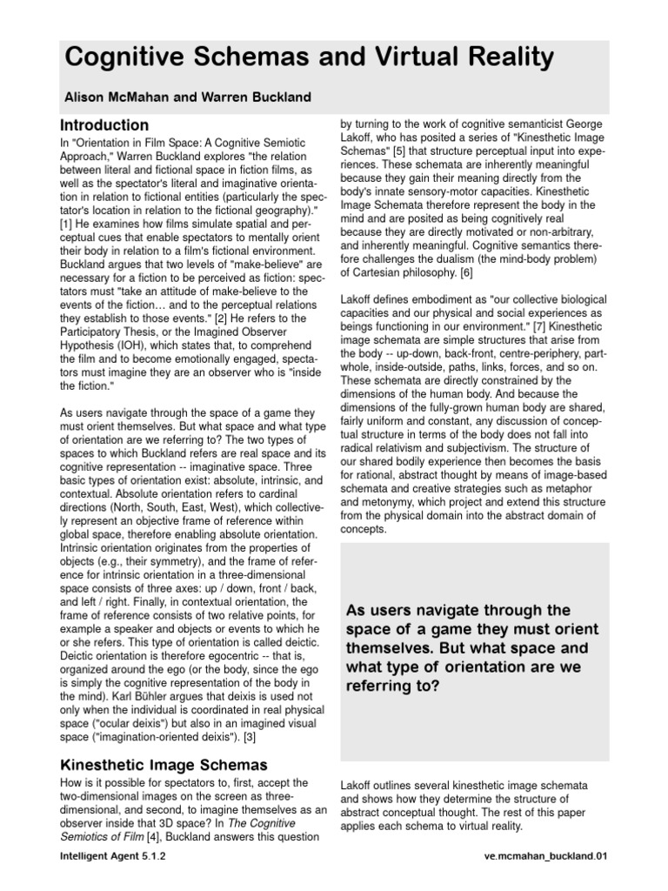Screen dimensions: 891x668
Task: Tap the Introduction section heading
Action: coord(104,125)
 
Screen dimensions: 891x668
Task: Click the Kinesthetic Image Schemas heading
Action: coord(164,766)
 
